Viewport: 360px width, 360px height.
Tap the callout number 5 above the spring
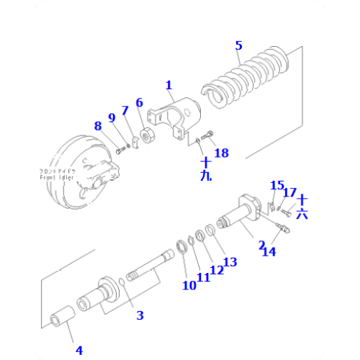tap(238, 45)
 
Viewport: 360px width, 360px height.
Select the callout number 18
tap(222, 152)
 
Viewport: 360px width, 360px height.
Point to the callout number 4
tap(79, 350)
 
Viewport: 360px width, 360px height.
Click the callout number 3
tap(140, 315)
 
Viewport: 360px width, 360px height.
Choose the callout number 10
tap(189, 284)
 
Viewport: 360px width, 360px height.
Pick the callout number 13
tap(230, 261)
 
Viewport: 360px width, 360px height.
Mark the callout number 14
tap(268, 251)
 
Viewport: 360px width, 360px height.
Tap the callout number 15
tap(276, 186)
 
